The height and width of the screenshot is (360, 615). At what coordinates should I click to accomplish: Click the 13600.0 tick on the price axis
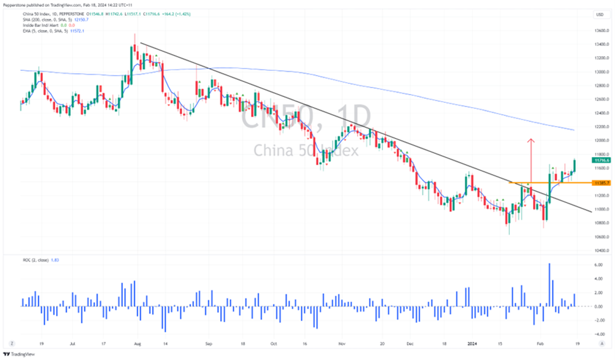click(600, 30)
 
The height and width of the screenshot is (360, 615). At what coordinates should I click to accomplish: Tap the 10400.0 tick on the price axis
click(600, 251)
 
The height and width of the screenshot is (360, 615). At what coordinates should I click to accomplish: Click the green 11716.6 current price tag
click(600, 161)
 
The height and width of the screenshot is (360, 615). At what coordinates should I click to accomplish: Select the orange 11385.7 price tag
click(600, 183)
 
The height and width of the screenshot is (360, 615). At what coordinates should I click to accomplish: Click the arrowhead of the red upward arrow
click(531, 140)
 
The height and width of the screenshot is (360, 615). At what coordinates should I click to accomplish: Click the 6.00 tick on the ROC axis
click(600, 265)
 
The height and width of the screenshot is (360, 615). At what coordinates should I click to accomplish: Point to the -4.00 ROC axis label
click(599, 334)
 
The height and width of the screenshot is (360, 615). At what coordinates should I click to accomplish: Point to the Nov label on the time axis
click(341, 344)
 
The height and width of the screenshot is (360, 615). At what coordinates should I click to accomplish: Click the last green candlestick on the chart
click(575, 165)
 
